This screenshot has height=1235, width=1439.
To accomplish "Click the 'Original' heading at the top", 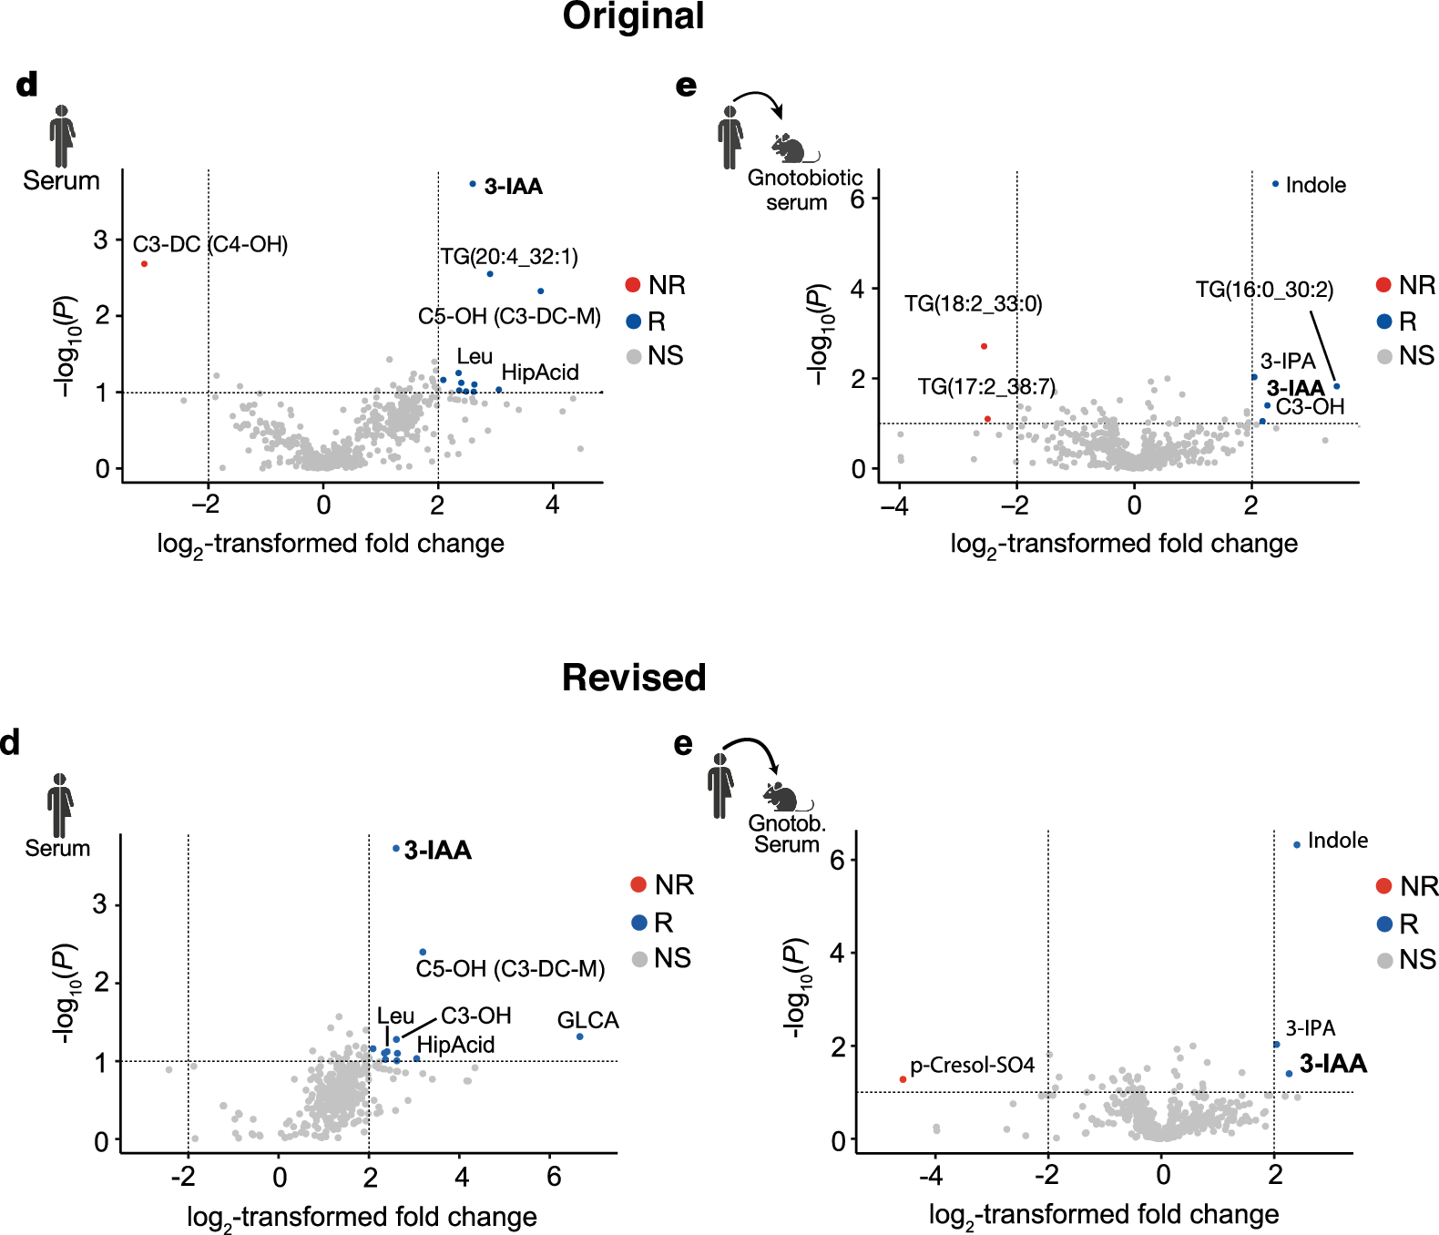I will pyautogui.click(x=633, y=16).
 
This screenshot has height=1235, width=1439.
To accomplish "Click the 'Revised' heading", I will pyautogui.click(x=634, y=678).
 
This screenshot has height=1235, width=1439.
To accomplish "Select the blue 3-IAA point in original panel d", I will pyautogui.click(x=473, y=184).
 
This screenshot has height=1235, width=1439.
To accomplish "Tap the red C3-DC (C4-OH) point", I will pyautogui.click(x=144, y=264).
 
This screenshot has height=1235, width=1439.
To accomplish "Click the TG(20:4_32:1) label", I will pyautogui.click(x=509, y=257).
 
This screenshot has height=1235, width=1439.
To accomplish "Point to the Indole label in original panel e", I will pyautogui.click(x=1315, y=186).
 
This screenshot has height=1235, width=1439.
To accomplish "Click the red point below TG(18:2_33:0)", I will pyautogui.click(x=984, y=346).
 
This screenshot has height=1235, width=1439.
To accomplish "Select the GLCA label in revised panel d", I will pyautogui.click(x=587, y=1020).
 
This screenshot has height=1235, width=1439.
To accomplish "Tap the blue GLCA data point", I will pyautogui.click(x=579, y=1036).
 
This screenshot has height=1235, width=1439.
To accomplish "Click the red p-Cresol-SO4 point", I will pyautogui.click(x=903, y=1079).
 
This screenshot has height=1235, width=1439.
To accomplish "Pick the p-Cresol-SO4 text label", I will pyautogui.click(x=973, y=1066).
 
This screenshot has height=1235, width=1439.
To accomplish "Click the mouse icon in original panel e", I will pyautogui.click(x=791, y=148).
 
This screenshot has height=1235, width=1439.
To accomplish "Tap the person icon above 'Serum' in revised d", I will pyautogui.click(x=60, y=805).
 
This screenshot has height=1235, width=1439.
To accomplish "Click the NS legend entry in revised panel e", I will pyautogui.click(x=1406, y=960).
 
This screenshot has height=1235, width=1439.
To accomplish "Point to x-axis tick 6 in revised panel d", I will pyautogui.click(x=553, y=1177).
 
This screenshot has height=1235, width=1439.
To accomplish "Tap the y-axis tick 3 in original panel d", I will pyautogui.click(x=101, y=240).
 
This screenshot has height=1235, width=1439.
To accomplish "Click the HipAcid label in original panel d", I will pyautogui.click(x=540, y=373).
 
